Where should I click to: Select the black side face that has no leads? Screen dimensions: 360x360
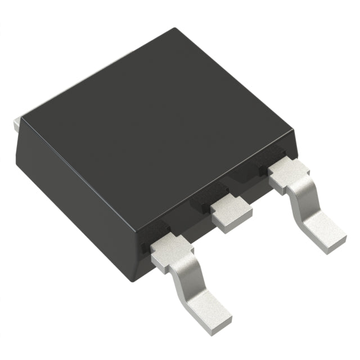point(73,197)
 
